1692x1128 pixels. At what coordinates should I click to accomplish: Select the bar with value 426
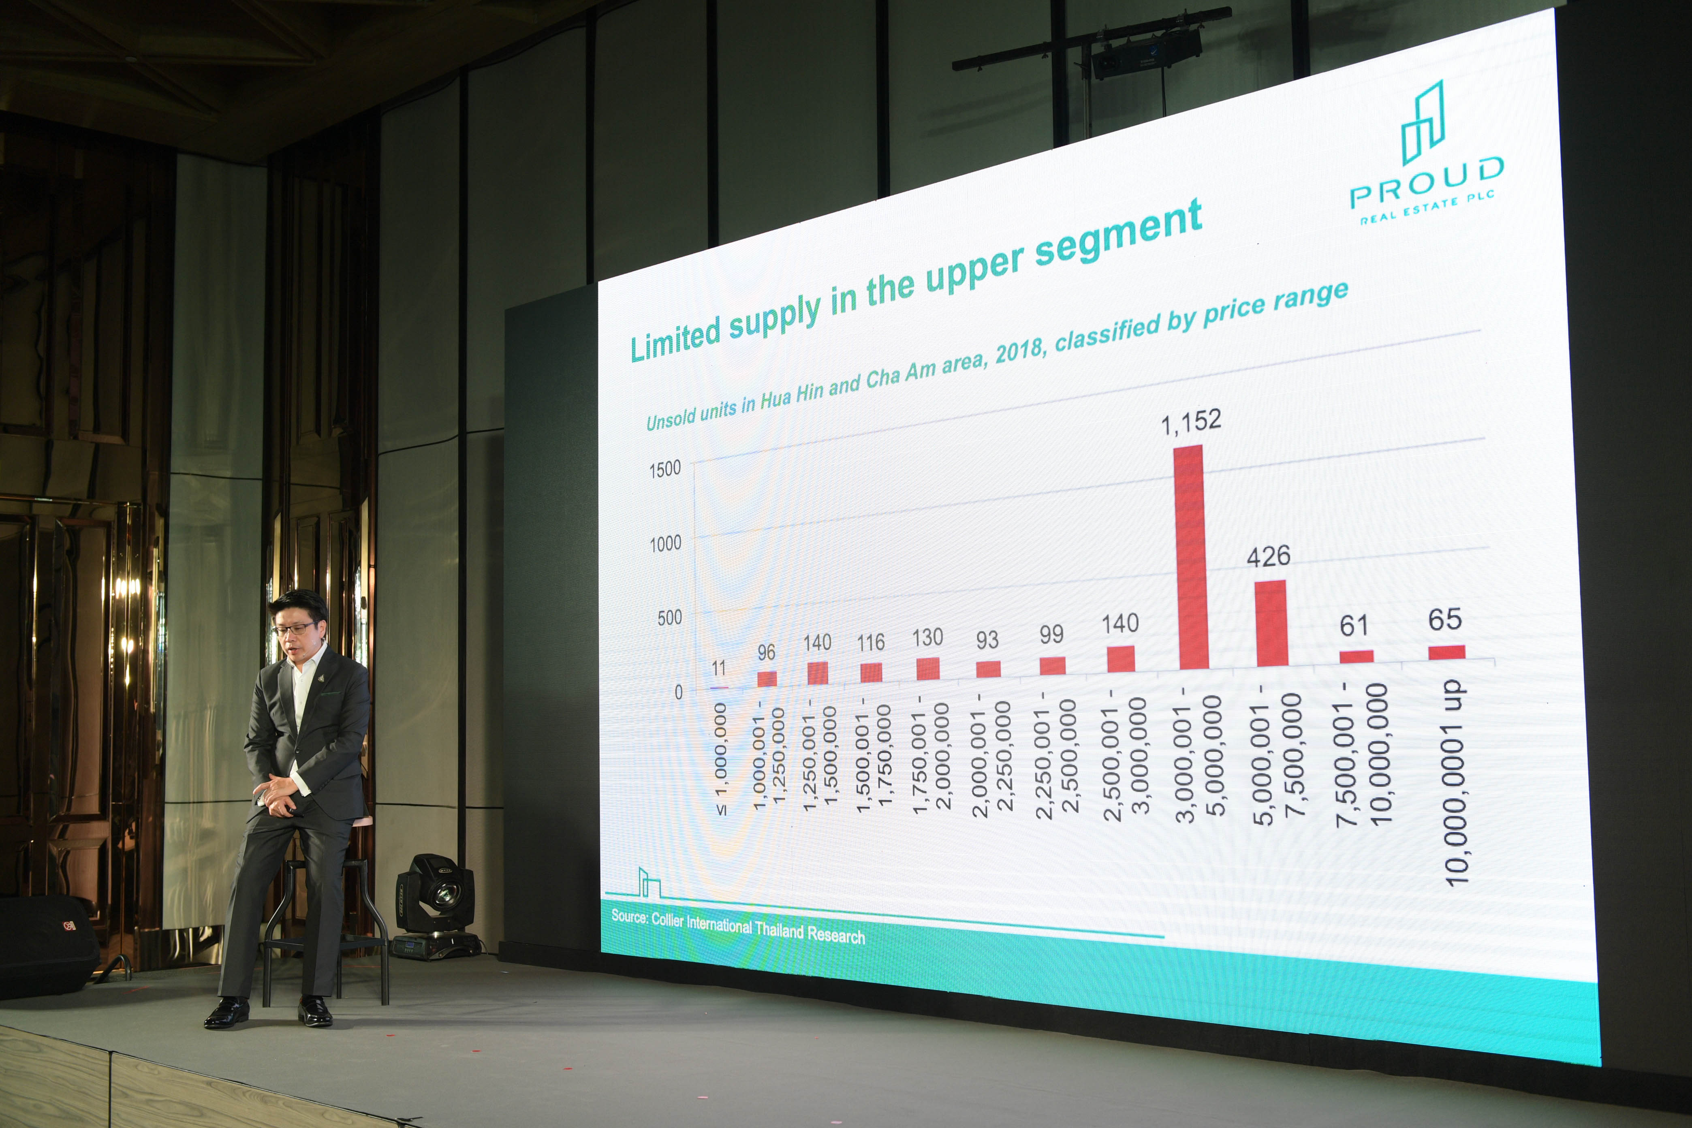[x=1271, y=623]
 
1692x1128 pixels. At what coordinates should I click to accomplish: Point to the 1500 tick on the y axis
[x=665, y=469]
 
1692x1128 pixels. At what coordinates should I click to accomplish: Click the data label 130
[x=927, y=637]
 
